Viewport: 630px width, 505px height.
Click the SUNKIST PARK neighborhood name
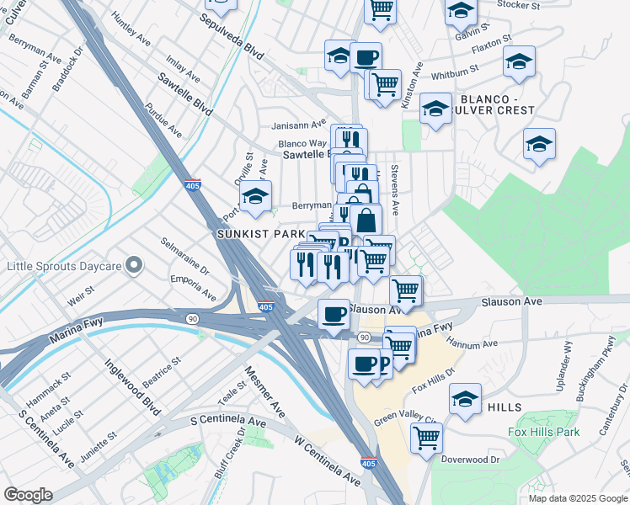click(261, 233)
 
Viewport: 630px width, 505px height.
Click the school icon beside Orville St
click(255, 198)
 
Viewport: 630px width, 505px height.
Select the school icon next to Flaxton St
click(519, 61)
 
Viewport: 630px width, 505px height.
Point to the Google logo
click(28, 495)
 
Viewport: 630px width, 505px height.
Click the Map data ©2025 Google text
click(577, 498)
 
